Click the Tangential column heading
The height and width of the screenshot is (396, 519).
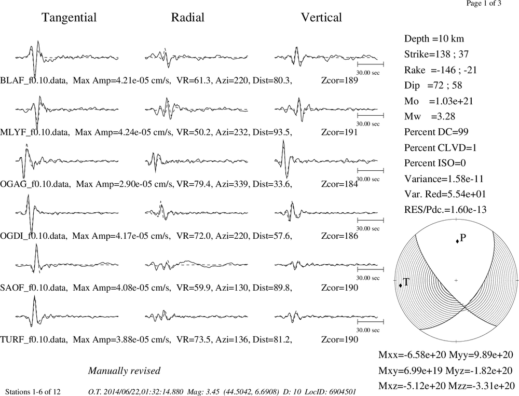coord(69,18)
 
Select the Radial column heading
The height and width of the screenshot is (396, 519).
coord(188,18)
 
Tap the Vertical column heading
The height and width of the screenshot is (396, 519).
coord(321,18)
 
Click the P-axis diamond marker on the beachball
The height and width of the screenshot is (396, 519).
coord(457,241)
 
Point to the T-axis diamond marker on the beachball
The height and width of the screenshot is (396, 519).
coord(401,285)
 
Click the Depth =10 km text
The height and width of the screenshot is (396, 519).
coord(434,39)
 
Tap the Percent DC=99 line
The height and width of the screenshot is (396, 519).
coord(436,132)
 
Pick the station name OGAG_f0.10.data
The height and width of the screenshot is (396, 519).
coord(35,184)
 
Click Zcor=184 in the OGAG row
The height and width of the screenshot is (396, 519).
coord(339,184)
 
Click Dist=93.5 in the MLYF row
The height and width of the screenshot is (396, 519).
coord(272,132)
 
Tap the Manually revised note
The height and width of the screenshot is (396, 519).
coord(124,371)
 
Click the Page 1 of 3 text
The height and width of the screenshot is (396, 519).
coord(484,3)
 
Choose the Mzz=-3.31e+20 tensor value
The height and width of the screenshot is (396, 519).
coord(481,386)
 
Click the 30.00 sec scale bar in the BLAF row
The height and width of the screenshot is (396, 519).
coord(371,64)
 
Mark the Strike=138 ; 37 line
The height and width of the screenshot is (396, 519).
coord(436,54)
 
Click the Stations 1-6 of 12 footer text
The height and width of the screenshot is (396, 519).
coord(33,392)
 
